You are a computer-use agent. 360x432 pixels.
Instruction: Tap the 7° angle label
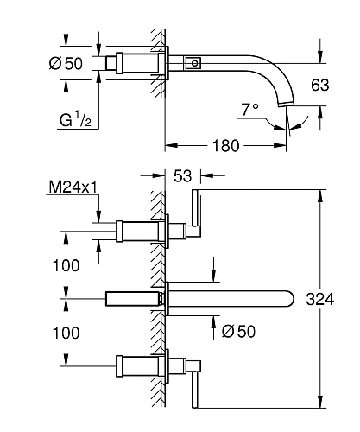pyautogui.click(x=249, y=111)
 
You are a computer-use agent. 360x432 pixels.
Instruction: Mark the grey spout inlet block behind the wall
pyautogui.click(x=132, y=299)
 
